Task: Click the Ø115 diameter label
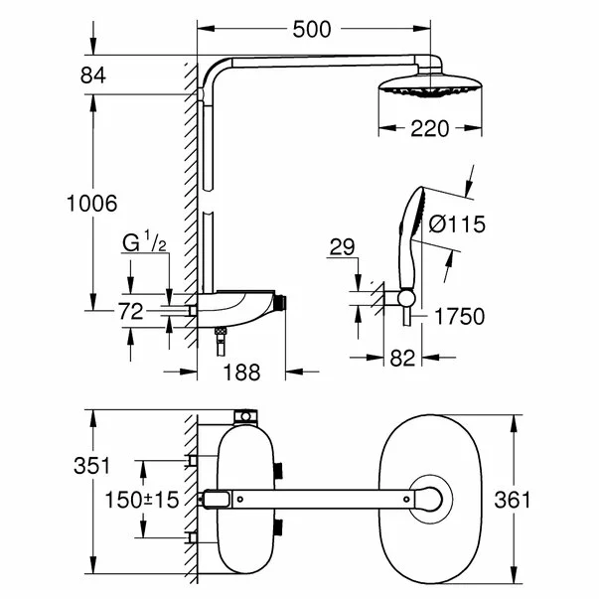(x=456, y=225)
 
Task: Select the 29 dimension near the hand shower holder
(x=343, y=244)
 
